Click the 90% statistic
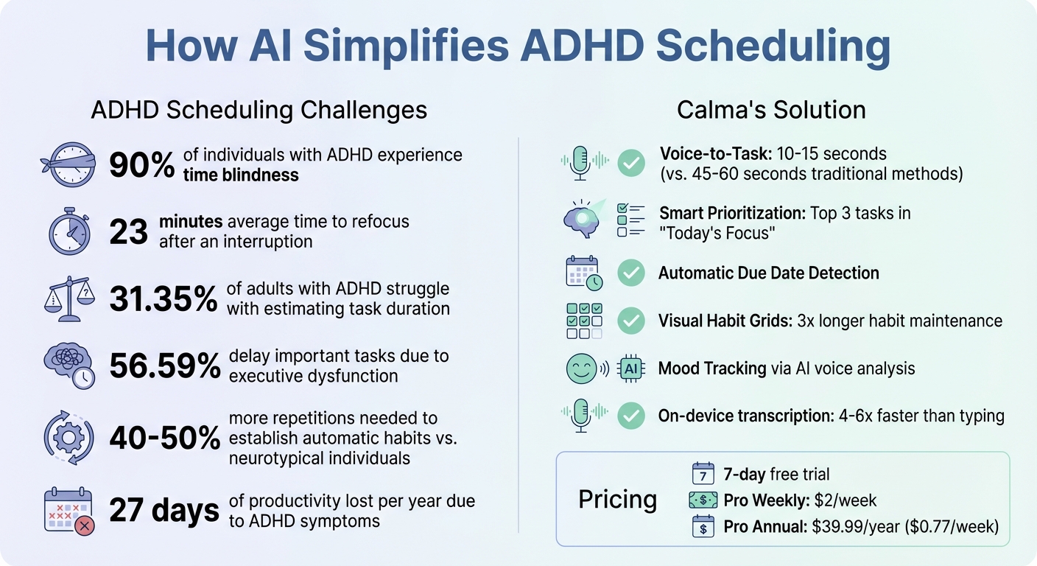pos(141,164)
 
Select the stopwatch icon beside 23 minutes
pos(70,231)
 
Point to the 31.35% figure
pos(163,298)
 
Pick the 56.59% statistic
pos(164,366)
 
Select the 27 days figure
pos(164,511)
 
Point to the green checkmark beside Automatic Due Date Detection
pos(630,273)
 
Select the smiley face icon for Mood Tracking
pos(582,368)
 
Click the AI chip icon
pos(631,368)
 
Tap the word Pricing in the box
pos(617,499)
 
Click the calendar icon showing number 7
pos(703,474)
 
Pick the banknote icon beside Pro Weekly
pos(702,501)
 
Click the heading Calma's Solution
pos(771,110)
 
